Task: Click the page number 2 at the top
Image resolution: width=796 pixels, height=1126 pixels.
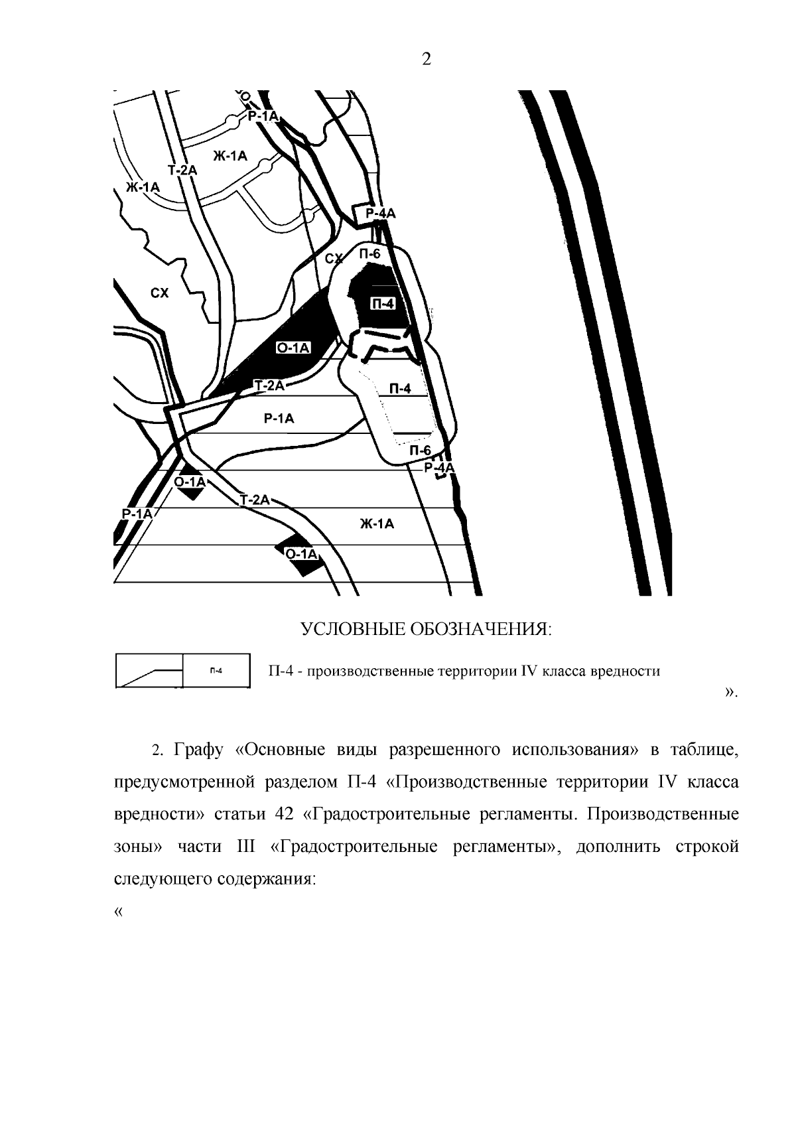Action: pos(426,60)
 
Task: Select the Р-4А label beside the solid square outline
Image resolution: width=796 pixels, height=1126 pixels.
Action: pos(380,213)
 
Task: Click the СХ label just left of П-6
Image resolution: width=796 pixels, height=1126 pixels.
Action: pos(335,258)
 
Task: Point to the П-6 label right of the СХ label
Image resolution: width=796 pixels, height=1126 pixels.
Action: pos(369,253)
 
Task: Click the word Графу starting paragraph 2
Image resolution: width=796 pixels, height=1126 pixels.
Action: pos(198,750)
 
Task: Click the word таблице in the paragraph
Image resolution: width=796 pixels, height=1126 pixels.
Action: pos(704,750)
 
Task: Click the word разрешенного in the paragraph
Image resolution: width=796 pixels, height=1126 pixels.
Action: pos(442,750)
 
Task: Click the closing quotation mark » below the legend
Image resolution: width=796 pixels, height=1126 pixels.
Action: pos(730,693)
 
